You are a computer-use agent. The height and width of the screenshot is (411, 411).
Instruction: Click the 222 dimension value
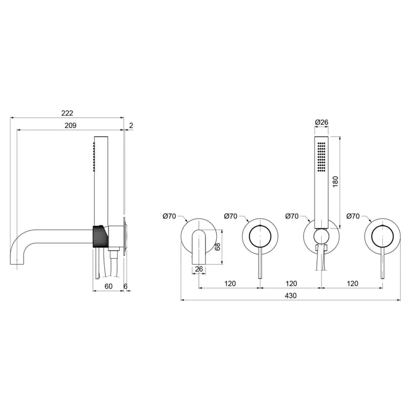(x=67, y=113)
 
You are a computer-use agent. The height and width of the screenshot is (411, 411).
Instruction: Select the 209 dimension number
(x=70, y=125)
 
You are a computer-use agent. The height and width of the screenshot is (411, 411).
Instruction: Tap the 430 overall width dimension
(x=291, y=296)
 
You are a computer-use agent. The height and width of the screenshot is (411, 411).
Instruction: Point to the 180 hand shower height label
(x=335, y=182)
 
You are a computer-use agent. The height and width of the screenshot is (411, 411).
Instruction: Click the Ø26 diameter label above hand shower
(x=322, y=122)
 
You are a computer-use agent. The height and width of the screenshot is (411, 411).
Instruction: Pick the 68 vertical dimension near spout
(x=217, y=247)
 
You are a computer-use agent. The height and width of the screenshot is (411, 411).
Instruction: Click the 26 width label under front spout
(x=199, y=269)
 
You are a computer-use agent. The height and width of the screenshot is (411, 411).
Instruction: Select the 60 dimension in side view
(x=108, y=286)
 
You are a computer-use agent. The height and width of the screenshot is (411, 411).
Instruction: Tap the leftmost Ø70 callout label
(x=169, y=216)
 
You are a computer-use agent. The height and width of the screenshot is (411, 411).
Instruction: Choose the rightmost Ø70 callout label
(x=353, y=216)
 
